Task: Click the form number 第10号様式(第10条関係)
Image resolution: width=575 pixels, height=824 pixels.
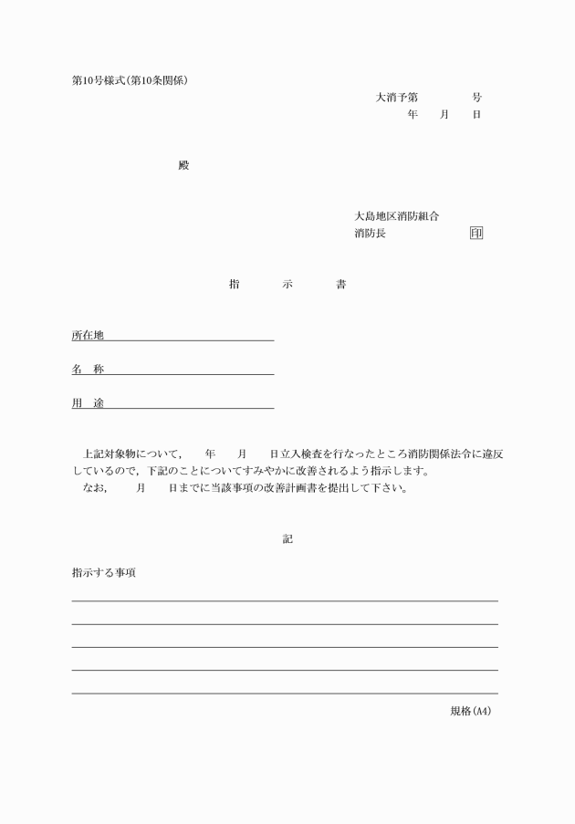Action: [136, 79]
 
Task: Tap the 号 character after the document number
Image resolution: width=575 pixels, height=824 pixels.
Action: [476, 97]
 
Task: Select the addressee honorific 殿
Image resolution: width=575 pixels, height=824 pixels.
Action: [183, 165]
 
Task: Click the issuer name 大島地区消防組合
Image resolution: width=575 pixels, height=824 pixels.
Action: [397, 216]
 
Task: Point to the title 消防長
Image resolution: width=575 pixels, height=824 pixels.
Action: [370, 234]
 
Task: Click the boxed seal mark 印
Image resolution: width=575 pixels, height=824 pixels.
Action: [476, 234]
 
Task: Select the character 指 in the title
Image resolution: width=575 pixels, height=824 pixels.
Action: [235, 285]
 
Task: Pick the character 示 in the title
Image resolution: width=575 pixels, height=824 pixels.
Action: [287, 285]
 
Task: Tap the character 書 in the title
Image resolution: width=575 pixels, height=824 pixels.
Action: [340, 285]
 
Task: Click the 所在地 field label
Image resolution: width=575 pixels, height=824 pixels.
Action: [88, 335]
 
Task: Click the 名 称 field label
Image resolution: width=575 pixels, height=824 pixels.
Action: [88, 370]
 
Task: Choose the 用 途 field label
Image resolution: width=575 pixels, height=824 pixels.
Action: [88, 403]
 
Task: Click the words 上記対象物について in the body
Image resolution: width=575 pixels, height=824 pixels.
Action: [131, 454]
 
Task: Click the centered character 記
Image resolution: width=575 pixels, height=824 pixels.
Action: [287, 539]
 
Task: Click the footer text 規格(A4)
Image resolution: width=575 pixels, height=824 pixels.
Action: [471, 711]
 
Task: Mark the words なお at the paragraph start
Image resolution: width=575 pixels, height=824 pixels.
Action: [94, 487]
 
